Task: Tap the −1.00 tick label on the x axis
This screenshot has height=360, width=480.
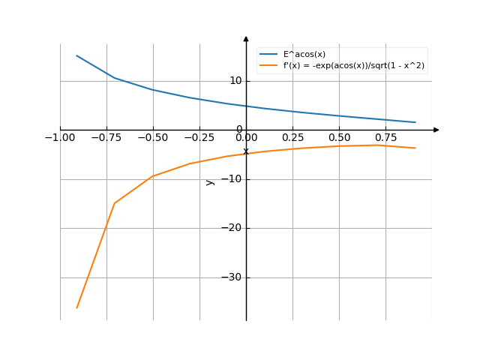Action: pos(59,138)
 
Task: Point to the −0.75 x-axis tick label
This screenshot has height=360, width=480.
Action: pos(106,138)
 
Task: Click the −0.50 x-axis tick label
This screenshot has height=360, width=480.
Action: pos(152,138)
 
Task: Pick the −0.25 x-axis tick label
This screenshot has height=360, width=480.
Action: pos(199,138)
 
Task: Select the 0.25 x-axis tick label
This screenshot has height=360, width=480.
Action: pos(292,138)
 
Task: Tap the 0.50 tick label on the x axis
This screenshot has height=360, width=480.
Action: pos(339,138)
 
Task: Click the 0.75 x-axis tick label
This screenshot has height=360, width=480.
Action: pos(385,138)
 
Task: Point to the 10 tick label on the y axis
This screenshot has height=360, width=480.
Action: pos(235,80)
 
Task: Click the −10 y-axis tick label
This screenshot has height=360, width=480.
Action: pos(232,178)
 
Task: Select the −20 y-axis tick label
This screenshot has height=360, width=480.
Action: pos(232,228)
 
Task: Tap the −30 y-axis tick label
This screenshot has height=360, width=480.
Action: pos(232,277)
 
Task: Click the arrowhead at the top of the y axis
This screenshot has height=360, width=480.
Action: pos(246,37)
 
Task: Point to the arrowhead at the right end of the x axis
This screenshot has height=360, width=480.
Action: pos(436,130)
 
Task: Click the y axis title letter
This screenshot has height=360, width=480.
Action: pos(210,181)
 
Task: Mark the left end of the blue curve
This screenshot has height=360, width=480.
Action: pos(76,55)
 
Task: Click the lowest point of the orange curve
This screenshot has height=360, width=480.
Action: pos(76,307)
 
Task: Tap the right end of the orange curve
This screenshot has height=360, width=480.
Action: pos(415,148)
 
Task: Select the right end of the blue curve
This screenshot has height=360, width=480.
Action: pos(415,122)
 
